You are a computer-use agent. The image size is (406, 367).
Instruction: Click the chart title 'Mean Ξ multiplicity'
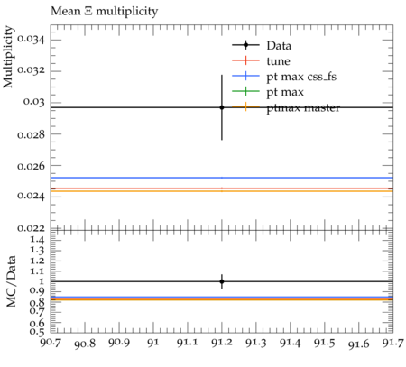[x=104, y=12]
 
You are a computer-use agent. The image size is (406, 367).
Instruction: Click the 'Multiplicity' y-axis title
[x=8, y=57]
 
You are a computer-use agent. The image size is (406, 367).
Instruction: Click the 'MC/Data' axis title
[x=11, y=281]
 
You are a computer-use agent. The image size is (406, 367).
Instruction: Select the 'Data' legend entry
[x=262, y=45]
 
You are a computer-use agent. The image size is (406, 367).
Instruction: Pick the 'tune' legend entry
[x=261, y=61]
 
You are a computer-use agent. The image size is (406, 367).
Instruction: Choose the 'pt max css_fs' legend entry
[x=284, y=77]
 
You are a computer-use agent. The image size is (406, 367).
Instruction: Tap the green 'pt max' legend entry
[x=268, y=92]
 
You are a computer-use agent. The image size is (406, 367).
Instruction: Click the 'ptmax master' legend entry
[x=286, y=107]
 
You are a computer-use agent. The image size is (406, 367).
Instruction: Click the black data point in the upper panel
[x=222, y=107]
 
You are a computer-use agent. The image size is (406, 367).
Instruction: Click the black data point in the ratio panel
[x=222, y=281]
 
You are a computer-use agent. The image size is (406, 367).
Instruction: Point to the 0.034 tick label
[x=31, y=39]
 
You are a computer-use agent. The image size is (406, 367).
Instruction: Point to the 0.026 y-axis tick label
[x=31, y=166]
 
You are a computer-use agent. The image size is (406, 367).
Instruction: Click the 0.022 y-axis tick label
[x=31, y=228]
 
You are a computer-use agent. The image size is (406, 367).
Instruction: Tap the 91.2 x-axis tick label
[x=222, y=343]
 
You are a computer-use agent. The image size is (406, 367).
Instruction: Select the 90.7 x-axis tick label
[x=51, y=343]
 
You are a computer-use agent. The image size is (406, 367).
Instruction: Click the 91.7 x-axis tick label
[x=392, y=343]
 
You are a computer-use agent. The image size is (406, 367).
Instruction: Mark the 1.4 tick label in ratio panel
[x=37, y=240]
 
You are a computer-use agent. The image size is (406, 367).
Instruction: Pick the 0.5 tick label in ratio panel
[x=37, y=331]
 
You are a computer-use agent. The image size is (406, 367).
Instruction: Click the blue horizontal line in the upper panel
[x=222, y=178]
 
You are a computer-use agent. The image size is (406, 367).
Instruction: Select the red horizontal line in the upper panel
[x=222, y=188]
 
